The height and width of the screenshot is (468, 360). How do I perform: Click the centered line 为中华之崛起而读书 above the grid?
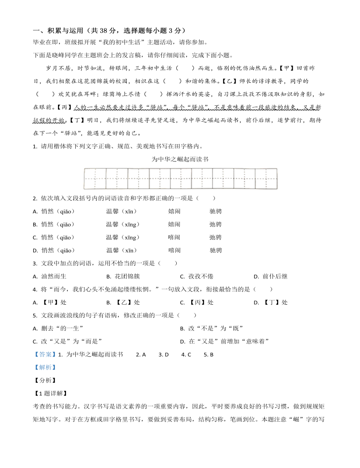pos(180,159)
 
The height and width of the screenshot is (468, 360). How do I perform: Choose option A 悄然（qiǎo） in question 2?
pos(54,211)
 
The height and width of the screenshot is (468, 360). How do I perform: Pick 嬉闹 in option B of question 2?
pos(174,224)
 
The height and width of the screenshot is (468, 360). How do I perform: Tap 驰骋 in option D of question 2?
pos(216,250)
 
